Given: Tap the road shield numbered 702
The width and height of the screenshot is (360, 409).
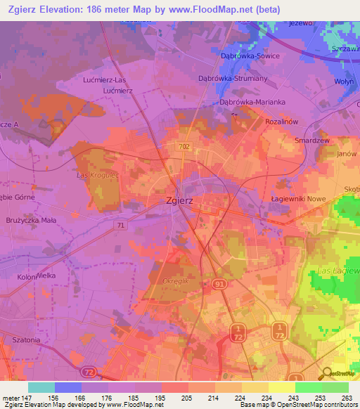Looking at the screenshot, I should pos(184,146).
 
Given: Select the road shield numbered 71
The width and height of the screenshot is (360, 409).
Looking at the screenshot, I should pos(121,225).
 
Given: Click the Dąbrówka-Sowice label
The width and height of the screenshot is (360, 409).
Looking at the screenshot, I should pos(249,56).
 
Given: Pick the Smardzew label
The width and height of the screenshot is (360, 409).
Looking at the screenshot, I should pos(311,141).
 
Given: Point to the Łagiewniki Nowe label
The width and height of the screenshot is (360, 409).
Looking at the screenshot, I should pos(298,199).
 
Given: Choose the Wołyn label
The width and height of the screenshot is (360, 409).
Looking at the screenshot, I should pos(344,81).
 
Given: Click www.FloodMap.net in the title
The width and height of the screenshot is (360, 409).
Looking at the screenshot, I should pos(219,10).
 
